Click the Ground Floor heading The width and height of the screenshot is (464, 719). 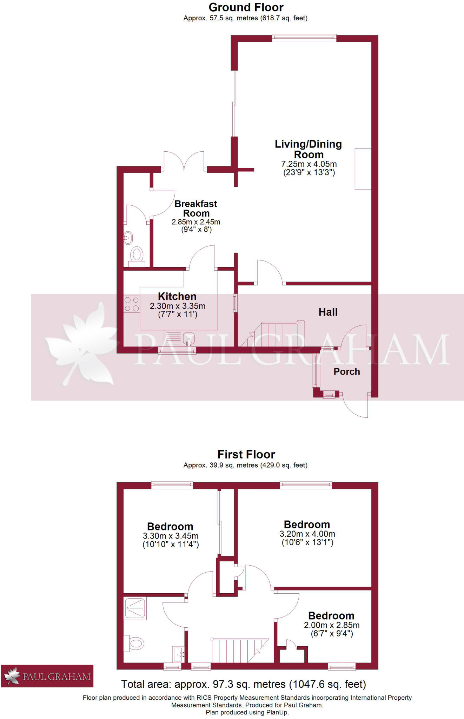pyautogui.click(x=246, y=7)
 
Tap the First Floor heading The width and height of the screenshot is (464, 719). pyautogui.click(x=246, y=454)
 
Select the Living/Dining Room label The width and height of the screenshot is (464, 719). pyautogui.click(x=308, y=149)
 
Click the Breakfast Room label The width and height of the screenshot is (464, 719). pyautogui.click(x=196, y=209)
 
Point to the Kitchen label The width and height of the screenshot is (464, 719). pyautogui.click(x=177, y=296)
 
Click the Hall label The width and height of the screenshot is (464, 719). pyautogui.click(x=328, y=312)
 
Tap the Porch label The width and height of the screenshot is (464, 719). pyautogui.click(x=347, y=371)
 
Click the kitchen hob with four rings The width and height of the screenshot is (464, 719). pyautogui.click(x=132, y=304)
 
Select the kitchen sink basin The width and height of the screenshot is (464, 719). pyautogui.click(x=189, y=338)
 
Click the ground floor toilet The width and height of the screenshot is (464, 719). pyautogui.click(x=137, y=255)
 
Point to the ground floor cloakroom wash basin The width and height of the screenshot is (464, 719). pyautogui.click(x=128, y=238)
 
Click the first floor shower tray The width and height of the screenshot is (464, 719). pyautogui.click(x=135, y=609)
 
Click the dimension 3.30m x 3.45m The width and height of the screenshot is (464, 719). pyautogui.click(x=171, y=536)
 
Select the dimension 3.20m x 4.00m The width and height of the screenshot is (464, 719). pyautogui.click(x=307, y=534)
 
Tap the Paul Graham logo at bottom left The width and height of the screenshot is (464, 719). pyautogui.click(x=47, y=676)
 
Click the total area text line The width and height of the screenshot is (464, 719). pyautogui.click(x=243, y=684)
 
